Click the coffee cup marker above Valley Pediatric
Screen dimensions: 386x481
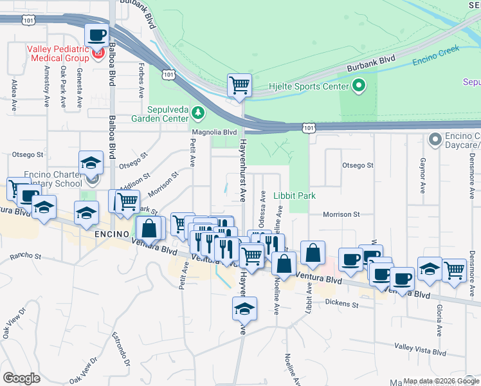(96, 36)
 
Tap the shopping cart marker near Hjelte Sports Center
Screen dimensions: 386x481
(239, 85)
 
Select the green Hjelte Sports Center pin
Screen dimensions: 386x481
(358, 85)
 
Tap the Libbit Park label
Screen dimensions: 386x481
(295, 195)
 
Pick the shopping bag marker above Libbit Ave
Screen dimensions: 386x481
(313, 253)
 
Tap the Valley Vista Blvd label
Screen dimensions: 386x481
(420, 352)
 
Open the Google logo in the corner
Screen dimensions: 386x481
(21, 378)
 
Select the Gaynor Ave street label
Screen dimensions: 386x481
(422, 174)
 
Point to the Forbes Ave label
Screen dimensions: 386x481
(141, 80)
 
